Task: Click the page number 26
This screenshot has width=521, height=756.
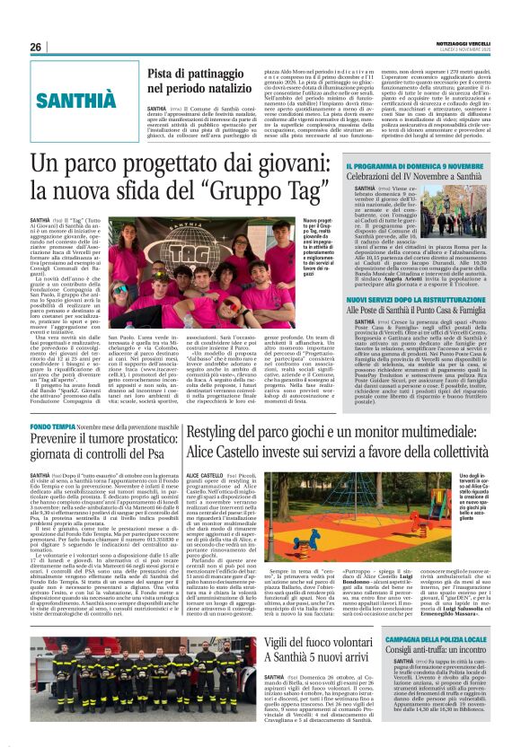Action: pyautogui.click(x=36, y=47)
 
